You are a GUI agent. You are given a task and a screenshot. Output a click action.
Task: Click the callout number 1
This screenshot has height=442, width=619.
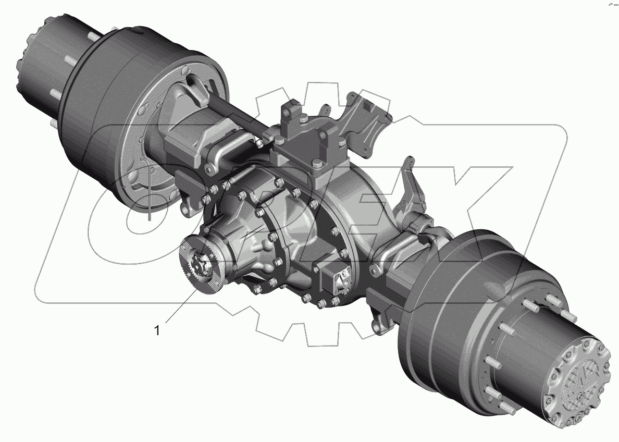(x=157, y=330)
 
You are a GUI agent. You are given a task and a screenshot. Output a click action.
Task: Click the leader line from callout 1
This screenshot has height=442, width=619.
(x=182, y=306)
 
